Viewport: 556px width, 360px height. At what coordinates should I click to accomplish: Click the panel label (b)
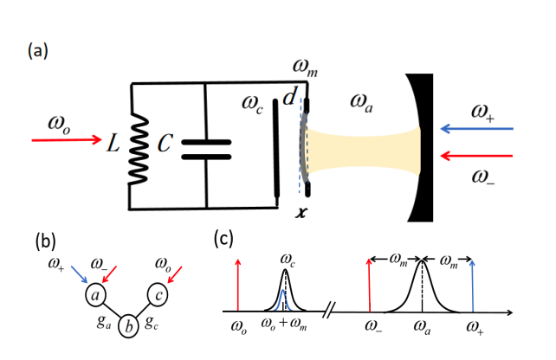point(46,240)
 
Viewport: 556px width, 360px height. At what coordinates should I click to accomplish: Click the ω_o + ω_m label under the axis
point(284,327)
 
